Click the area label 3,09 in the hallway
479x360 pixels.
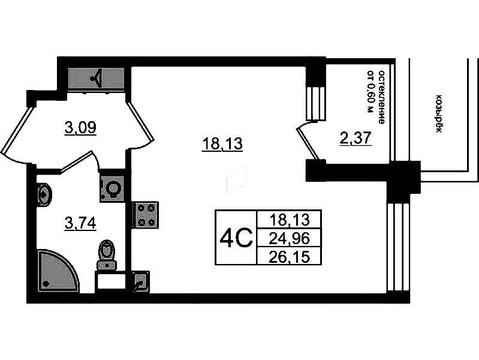[x=80, y=127]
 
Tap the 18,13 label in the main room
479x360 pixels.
[x=222, y=144]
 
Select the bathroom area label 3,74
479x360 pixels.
[x=80, y=223]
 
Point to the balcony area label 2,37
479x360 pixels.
[x=356, y=138]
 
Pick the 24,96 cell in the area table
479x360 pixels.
[x=290, y=238]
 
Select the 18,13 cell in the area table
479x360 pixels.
[x=290, y=220]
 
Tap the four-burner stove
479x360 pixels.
[x=146, y=215]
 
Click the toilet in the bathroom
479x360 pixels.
[x=106, y=254]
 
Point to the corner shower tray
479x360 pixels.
[x=57, y=271]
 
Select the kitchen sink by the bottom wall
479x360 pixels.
[x=141, y=281]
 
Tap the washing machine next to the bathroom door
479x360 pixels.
[x=113, y=189]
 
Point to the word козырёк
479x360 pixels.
[x=439, y=113]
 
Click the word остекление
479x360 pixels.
[x=381, y=97]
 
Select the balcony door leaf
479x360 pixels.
[x=308, y=143]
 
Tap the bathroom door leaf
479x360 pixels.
[x=76, y=162]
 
